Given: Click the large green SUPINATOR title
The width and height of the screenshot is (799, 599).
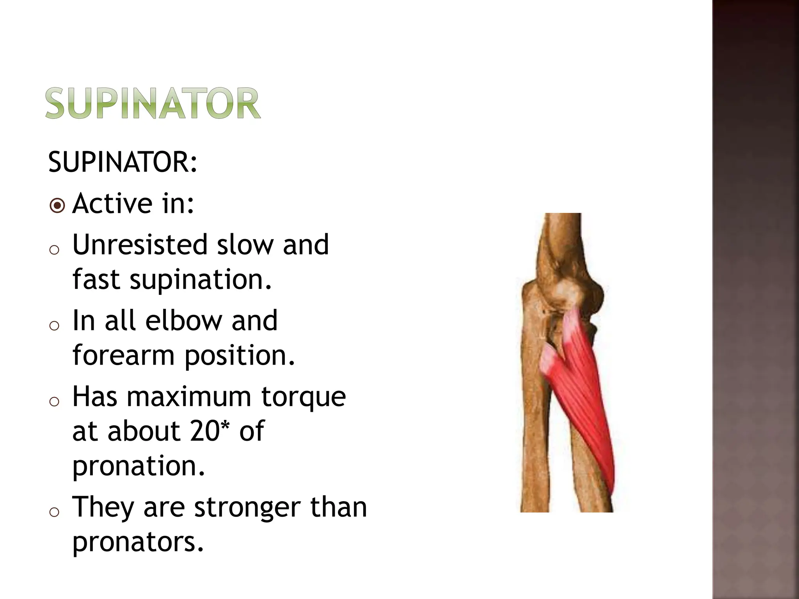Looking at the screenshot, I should (153, 103).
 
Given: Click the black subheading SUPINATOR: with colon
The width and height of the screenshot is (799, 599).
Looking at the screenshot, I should (123, 162).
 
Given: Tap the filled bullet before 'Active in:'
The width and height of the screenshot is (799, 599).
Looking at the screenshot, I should (57, 206).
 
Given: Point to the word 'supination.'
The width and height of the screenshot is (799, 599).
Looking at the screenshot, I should (201, 280).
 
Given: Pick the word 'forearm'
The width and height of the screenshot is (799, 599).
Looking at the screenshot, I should (123, 356).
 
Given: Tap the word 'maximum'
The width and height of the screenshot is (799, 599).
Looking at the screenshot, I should (189, 397).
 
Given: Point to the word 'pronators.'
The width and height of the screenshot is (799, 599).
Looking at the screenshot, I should (138, 542).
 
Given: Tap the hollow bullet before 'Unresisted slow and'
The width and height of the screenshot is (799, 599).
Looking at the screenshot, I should (55, 250).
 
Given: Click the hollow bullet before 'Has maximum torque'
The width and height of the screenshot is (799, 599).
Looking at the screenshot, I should (55, 401).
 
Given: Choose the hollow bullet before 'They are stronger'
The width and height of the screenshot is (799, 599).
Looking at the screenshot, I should (55, 512).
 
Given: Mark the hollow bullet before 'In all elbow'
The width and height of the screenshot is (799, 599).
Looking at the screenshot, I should (55, 325).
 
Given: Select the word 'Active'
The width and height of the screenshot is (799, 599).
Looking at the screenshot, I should (112, 204).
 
